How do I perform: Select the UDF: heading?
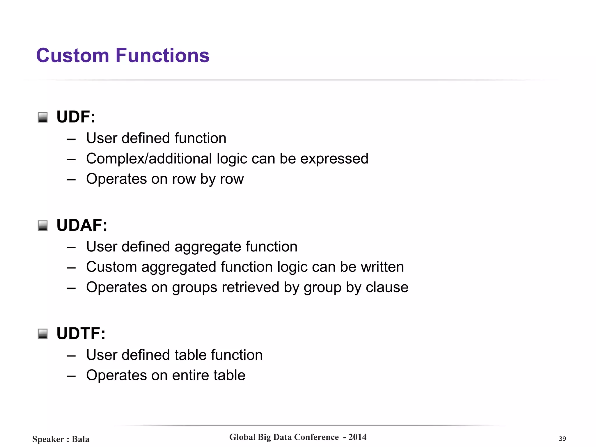point(76,117)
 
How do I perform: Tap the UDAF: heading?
point(82,225)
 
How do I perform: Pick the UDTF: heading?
point(81,334)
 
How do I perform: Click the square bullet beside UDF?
point(43,117)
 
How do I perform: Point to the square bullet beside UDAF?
point(43,226)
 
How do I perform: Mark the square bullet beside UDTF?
point(43,334)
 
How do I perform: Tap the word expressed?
point(334,159)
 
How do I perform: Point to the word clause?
point(387,288)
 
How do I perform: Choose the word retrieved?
point(251,288)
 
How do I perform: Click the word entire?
point(190,375)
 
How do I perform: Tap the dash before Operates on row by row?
point(71,180)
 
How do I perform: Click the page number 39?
point(562,439)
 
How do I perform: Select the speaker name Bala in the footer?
point(81,439)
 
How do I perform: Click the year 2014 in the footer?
point(357,437)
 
